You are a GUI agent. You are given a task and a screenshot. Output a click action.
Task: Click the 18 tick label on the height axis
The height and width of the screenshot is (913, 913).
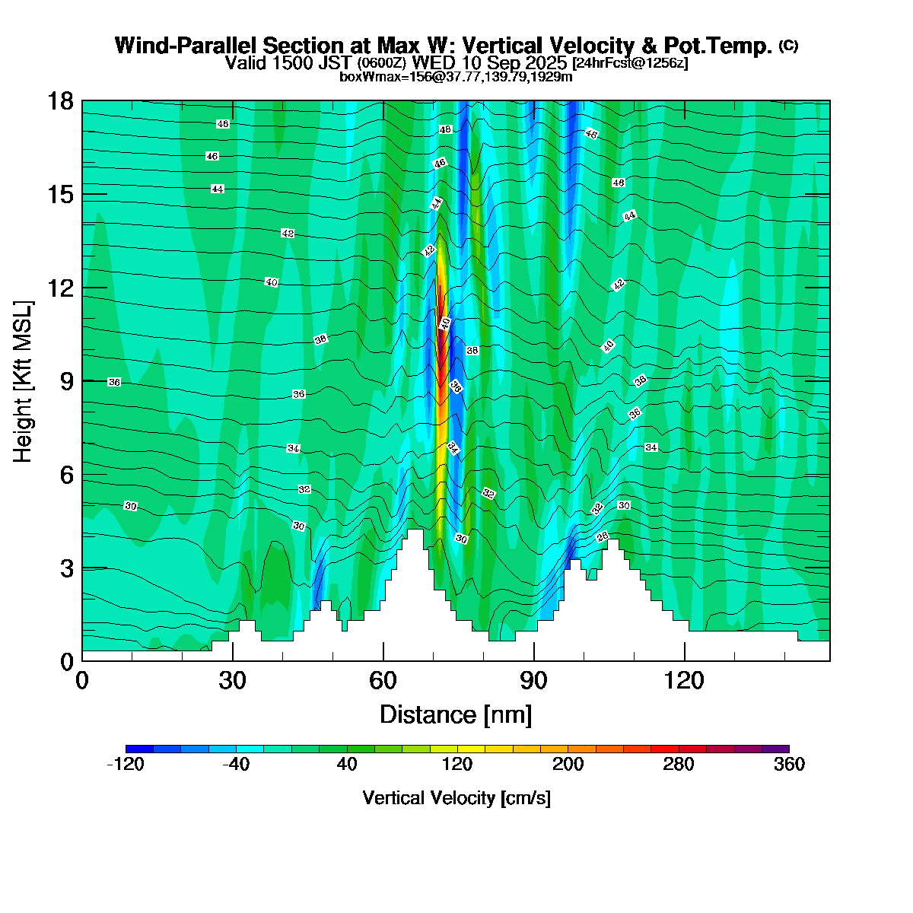click(62, 101)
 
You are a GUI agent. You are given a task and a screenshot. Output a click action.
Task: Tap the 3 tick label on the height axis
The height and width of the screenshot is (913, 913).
click(67, 568)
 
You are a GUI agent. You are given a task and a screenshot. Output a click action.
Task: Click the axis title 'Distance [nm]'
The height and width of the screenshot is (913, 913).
click(455, 715)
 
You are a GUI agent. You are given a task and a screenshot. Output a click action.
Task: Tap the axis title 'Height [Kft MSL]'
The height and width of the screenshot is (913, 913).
click(24, 382)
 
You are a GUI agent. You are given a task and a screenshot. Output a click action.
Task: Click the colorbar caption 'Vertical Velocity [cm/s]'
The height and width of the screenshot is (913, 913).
click(456, 798)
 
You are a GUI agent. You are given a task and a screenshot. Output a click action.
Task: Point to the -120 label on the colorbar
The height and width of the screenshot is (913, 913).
click(126, 765)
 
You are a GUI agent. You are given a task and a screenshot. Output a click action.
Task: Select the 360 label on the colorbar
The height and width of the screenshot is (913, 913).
click(789, 765)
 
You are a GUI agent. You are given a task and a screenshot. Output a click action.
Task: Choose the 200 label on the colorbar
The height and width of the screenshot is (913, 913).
click(568, 765)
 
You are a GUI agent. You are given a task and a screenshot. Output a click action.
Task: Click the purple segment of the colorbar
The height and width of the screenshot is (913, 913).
click(775, 749)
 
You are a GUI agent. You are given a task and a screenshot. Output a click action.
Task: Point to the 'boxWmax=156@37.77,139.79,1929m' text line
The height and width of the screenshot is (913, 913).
click(456, 76)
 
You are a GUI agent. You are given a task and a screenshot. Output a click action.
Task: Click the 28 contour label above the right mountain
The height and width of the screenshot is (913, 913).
click(602, 537)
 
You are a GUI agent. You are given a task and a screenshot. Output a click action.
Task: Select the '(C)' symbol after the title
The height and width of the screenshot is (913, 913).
click(788, 46)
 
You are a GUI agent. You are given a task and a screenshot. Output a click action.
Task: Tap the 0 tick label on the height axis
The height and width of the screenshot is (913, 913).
click(67, 662)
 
